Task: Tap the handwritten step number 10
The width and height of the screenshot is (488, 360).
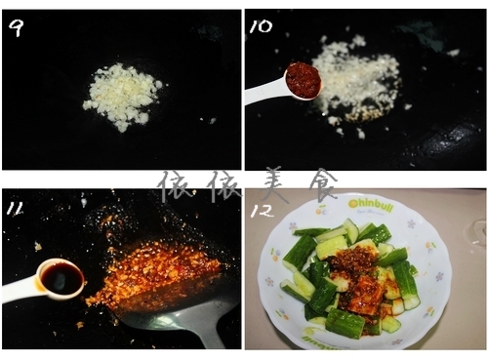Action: pyautogui.click(x=262, y=26)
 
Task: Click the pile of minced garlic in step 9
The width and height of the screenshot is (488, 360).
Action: pyautogui.click(x=121, y=96)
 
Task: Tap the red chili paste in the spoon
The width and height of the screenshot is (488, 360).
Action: pyautogui.click(x=304, y=80)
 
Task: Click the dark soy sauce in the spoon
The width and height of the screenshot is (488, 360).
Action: pyautogui.click(x=61, y=278)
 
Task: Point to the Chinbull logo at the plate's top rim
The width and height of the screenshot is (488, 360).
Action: pyautogui.click(x=371, y=205)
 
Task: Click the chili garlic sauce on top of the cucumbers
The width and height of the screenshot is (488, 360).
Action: pyautogui.click(x=358, y=276)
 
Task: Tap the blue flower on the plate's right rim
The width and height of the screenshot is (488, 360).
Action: pyautogui.click(x=439, y=277)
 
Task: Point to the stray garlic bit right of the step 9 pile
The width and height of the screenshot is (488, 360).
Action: pyautogui.click(x=212, y=121)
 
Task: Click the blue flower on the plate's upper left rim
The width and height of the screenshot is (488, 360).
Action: pyautogui.click(x=293, y=225)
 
